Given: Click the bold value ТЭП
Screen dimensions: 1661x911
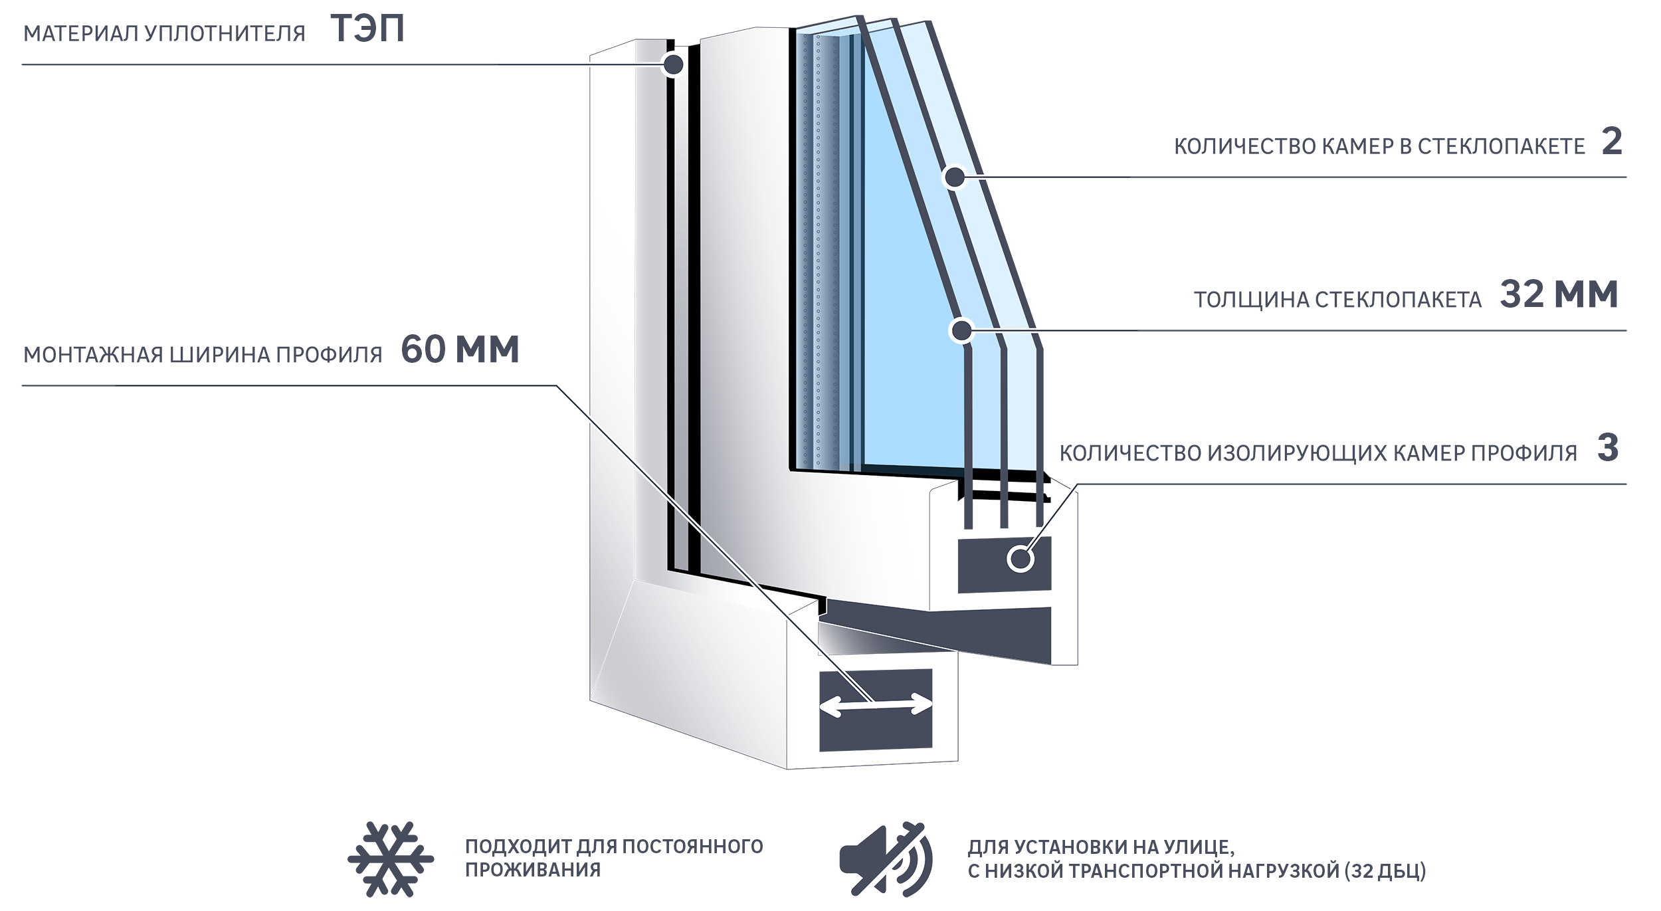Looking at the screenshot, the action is coord(367,29).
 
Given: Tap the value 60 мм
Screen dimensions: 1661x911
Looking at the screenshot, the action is coord(460,350).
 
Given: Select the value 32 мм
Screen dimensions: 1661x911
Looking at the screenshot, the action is coord(1559,294).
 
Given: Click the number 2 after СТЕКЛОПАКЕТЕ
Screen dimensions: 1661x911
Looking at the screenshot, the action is coord(1612,142).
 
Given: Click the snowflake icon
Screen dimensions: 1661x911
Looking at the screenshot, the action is coord(391,859).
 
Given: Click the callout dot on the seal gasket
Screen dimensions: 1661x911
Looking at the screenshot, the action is coord(674,64).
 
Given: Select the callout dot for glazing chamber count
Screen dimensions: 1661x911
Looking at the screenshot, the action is coord(955,177).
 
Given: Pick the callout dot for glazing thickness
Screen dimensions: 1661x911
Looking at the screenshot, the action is coord(961,330).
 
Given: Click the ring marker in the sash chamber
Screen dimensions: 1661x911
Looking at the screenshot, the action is coord(1021,558).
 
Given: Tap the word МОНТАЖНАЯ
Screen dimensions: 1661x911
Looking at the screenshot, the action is coord(93,355).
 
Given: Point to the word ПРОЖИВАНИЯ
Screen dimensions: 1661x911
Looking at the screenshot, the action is coord(533,870).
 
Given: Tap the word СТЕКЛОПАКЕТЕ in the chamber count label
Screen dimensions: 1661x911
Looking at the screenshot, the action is coord(1502,147).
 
